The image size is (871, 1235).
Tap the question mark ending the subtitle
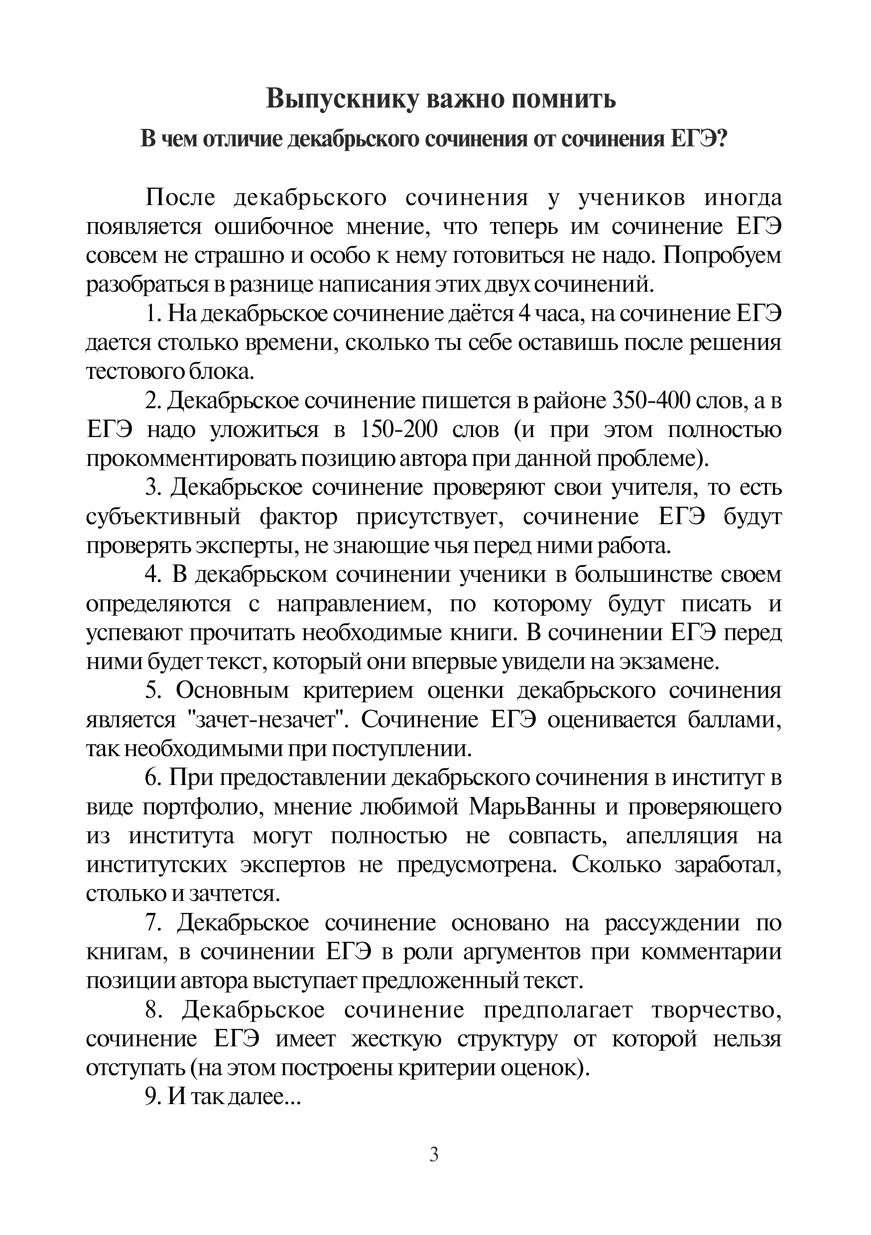(723, 139)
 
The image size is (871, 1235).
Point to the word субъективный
(163, 517)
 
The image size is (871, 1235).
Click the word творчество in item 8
(716, 1010)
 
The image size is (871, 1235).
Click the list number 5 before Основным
(152, 690)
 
